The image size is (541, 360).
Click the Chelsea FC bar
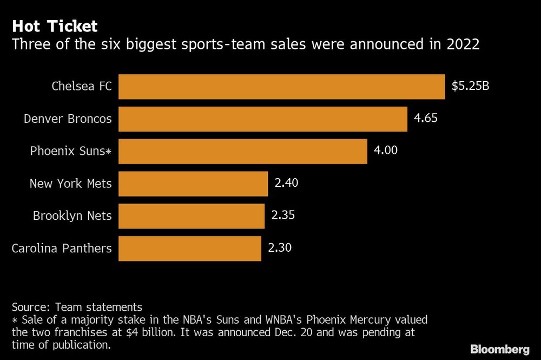click(x=281, y=87)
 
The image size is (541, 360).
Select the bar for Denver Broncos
click(x=262, y=119)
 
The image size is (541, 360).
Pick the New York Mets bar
click(x=193, y=184)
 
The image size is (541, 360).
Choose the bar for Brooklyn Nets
click(x=191, y=216)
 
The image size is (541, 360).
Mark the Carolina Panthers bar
click(x=189, y=248)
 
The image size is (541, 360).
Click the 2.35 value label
click(x=283, y=215)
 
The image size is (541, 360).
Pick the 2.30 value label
click(x=280, y=247)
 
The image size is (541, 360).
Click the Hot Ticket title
click(x=55, y=26)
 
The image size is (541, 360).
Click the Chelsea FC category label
click(x=82, y=86)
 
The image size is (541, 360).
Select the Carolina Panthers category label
click(x=62, y=248)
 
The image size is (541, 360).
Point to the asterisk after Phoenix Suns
click(x=108, y=152)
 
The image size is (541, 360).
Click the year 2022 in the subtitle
click(x=463, y=44)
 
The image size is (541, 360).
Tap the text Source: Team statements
click(x=77, y=307)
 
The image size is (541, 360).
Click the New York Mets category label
click(x=70, y=184)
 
